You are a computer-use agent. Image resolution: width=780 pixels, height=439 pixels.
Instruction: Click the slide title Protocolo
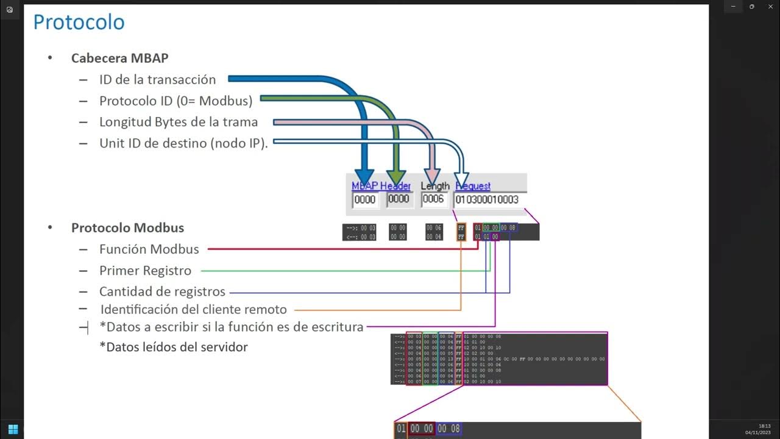pos(79,23)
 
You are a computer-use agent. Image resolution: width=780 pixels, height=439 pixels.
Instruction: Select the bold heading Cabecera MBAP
pos(119,59)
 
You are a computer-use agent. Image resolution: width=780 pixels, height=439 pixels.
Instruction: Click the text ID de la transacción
pos(157,79)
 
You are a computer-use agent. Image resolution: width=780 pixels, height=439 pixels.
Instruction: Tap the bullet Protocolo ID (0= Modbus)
pos(175,101)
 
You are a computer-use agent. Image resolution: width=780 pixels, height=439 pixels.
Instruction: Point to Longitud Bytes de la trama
pos(179,122)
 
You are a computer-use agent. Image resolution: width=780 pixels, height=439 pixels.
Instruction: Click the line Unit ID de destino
pos(183,143)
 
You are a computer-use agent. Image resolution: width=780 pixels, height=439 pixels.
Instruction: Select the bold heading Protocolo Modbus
pos(127,228)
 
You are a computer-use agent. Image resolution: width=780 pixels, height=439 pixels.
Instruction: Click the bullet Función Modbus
pos(149,249)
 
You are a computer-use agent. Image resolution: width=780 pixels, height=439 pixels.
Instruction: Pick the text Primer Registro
pos(145,271)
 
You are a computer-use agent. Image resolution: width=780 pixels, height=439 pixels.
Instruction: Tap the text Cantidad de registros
pos(162,291)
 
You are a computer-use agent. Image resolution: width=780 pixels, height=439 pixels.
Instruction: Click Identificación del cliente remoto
pos(193,309)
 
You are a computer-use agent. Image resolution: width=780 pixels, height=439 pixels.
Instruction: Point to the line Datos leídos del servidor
pos(173,348)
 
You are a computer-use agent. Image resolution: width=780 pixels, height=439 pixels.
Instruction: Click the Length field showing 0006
pos(434,199)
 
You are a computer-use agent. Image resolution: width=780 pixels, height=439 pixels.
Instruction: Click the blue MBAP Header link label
pos(381,186)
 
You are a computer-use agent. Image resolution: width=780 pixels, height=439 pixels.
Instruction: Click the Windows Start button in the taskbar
pos(13,429)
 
